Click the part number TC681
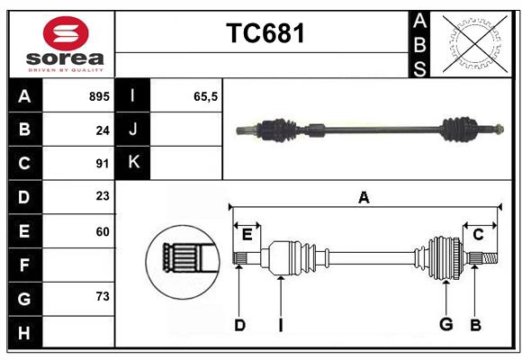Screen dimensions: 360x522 (265, 33)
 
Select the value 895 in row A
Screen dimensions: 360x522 (98, 96)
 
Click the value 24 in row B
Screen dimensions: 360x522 (102, 130)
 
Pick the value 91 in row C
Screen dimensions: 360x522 (102, 164)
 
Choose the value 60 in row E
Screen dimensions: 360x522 (102, 231)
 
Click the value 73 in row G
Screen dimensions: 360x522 (102, 297)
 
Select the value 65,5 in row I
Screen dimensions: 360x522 (206, 96)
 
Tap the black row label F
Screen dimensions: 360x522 (24, 265)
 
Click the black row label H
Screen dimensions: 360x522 (24, 332)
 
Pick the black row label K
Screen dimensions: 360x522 (134, 163)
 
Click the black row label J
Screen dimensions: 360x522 (134, 130)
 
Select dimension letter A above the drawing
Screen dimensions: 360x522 (364, 198)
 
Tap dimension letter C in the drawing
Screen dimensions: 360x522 (478, 234)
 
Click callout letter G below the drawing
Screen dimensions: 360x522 (445, 325)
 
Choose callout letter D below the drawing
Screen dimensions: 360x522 (239, 325)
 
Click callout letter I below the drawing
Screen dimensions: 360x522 (280, 325)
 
